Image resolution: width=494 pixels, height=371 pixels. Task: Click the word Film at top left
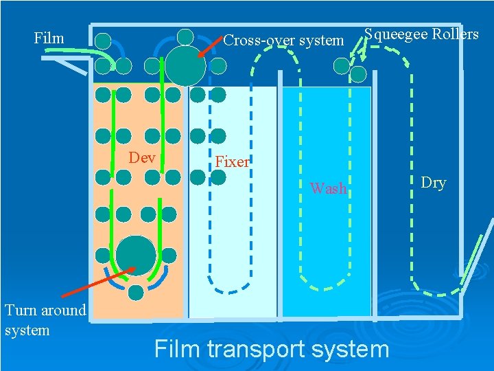[x=49, y=38]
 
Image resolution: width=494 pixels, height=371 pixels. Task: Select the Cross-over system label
[x=283, y=41]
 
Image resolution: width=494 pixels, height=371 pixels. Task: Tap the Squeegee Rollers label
[x=421, y=34]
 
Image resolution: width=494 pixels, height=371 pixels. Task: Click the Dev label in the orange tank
[x=142, y=158]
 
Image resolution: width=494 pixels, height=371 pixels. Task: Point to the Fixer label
[x=232, y=162]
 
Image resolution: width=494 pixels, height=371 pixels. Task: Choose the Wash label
[x=329, y=188]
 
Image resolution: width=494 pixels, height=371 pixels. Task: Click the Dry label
[x=433, y=183]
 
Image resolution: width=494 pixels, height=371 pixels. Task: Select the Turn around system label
[x=45, y=320]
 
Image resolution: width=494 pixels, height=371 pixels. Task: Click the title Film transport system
[x=272, y=349]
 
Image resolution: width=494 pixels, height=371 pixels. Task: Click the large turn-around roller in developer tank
[x=136, y=254]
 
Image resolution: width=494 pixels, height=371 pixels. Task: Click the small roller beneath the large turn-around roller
[x=136, y=293]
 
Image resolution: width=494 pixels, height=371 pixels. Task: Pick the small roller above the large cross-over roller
[x=185, y=36]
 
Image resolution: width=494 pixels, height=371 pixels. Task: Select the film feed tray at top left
[x=65, y=62]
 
